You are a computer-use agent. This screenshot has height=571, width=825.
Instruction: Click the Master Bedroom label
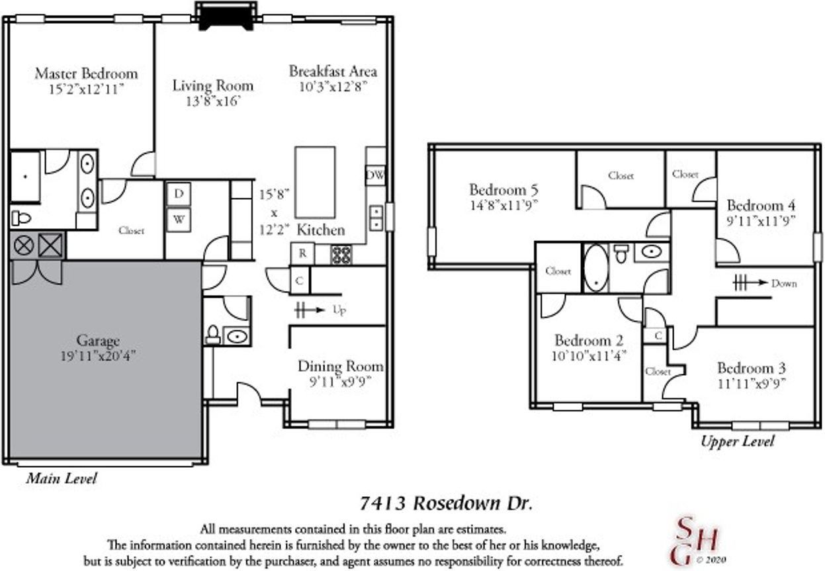pyautogui.click(x=86, y=73)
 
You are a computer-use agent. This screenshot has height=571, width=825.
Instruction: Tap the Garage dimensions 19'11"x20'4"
pyautogui.click(x=98, y=356)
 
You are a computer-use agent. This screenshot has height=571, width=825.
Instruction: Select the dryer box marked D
pyautogui.click(x=179, y=194)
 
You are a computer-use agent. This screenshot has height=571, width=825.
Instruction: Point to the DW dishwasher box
pyautogui.click(x=375, y=175)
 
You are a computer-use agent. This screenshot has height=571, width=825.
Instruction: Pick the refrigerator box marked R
pyautogui.click(x=302, y=253)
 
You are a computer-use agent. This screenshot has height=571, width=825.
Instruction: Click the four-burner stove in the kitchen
pyautogui.click(x=341, y=255)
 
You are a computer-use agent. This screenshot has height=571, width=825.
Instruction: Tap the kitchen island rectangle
pyautogui.click(x=314, y=182)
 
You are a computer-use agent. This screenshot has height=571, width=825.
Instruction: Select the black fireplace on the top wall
pyautogui.click(x=226, y=17)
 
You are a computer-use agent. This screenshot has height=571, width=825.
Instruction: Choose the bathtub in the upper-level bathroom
pyautogui.click(x=595, y=268)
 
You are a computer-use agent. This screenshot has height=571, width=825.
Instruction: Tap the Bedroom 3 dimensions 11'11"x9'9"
pyautogui.click(x=751, y=382)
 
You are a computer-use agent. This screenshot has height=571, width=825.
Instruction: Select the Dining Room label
pyautogui.click(x=340, y=367)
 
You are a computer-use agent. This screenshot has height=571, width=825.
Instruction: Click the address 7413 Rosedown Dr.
pyautogui.click(x=445, y=503)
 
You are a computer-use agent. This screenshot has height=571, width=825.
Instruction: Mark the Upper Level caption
pyautogui.click(x=737, y=441)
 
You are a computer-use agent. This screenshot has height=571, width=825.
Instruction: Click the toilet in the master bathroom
pyautogui.click(x=22, y=218)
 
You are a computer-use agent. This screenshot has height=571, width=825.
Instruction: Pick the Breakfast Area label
pyautogui.click(x=333, y=71)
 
